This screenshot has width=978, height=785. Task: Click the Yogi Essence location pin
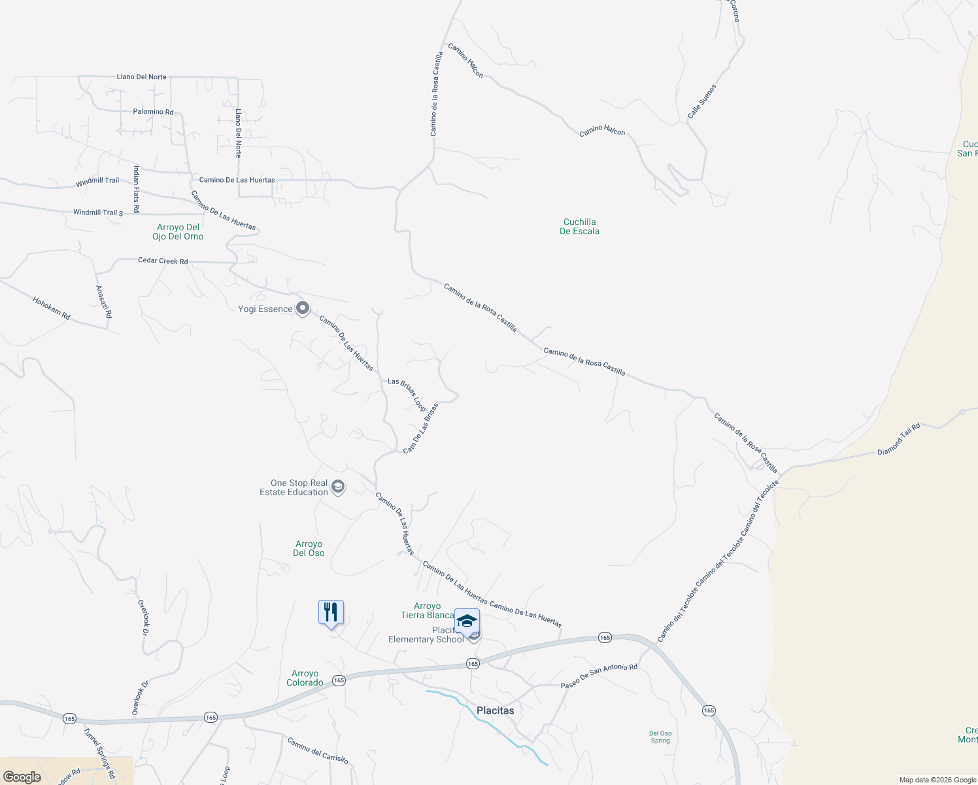tap(302, 308)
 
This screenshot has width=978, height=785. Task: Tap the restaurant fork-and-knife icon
tap(331, 613)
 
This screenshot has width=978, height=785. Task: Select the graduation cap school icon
tap(467, 621)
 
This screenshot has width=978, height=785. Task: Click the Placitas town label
tap(495, 710)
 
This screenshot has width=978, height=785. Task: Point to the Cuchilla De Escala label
tap(579, 226)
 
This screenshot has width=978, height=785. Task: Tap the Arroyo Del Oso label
tap(309, 548)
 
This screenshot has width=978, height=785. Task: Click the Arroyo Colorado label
tap(305, 678)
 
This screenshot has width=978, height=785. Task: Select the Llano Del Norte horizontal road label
tap(141, 77)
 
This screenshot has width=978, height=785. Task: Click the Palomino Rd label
tap(153, 112)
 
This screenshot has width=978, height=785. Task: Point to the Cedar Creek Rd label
tap(163, 260)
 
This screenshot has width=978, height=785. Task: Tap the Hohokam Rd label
tap(51, 308)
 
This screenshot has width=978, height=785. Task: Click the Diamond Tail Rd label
tap(898, 439)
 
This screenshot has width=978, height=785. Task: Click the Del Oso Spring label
tap(660, 737)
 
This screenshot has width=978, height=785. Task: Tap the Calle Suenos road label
tap(701, 101)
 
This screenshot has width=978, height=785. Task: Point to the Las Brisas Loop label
tap(407, 394)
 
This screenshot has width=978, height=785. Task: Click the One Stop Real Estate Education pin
tap(338, 487)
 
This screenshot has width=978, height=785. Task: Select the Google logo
tap(22, 777)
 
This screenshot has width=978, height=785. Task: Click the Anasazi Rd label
tap(103, 302)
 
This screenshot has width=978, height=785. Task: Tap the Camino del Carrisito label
tap(318, 750)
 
